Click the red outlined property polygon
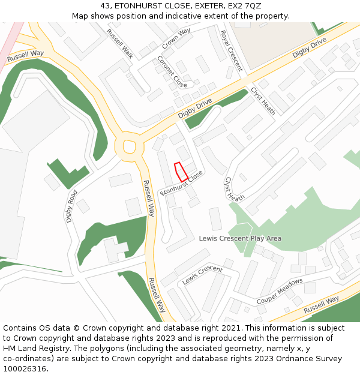pos(181,172)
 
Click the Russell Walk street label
pos(120,43)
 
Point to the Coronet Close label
pos(172,71)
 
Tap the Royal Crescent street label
pos(231,50)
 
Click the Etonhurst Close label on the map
pos(182,183)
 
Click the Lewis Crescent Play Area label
pos(240,238)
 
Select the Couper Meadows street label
pos(280,290)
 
